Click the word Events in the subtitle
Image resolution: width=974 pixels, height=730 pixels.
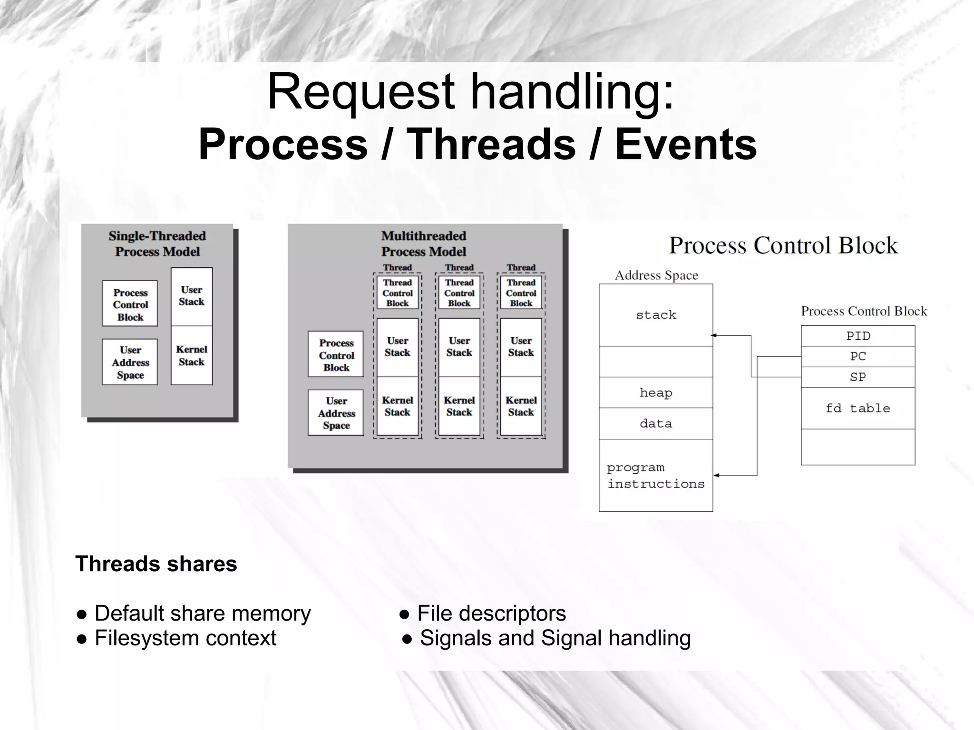pos(685,145)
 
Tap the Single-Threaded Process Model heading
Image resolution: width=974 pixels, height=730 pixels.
pos(157,243)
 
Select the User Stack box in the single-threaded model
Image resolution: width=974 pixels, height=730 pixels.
pos(191,296)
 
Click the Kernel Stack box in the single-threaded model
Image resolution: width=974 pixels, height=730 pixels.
pos(191,355)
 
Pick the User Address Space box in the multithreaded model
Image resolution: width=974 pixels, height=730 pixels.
pos(336,413)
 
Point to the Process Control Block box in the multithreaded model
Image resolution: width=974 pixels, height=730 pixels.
pos(336,355)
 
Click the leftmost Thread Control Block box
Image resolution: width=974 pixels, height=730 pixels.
pos(397,293)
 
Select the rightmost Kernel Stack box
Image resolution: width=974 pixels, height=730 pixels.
pos(521,406)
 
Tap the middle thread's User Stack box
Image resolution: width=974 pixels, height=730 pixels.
pos(459,347)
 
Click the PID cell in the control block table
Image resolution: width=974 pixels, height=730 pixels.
pos(857,336)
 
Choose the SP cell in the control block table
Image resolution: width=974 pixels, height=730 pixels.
pos(857,377)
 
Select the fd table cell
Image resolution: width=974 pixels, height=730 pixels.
pos(857,408)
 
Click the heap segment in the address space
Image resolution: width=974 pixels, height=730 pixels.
pos(655,393)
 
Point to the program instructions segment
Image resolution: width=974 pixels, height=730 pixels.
pos(655,476)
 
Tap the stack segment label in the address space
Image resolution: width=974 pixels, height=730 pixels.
pos(656,315)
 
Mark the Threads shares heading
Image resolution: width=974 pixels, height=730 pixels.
pos(156,564)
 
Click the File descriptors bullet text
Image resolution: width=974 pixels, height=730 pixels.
pos(491,613)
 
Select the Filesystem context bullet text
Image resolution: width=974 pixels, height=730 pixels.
pos(185,638)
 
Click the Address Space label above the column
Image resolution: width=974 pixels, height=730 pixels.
pos(656,275)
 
